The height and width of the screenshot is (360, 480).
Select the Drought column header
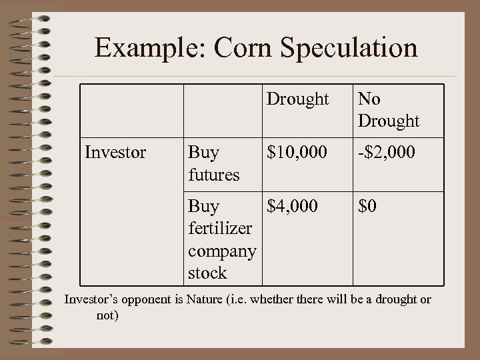(298, 99)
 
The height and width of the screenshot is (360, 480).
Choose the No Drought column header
(389, 110)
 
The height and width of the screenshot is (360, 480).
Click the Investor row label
(115, 153)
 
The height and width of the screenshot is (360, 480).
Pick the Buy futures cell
(213, 163)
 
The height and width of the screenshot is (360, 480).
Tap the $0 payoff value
(367, 206)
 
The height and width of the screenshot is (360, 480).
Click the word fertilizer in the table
(220, 228)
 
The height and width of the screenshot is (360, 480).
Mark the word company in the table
(222, 251)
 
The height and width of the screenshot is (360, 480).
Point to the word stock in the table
(207, 273)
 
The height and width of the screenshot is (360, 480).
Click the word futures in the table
(213, 175)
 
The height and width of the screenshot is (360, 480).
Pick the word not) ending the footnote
(107, 315)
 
